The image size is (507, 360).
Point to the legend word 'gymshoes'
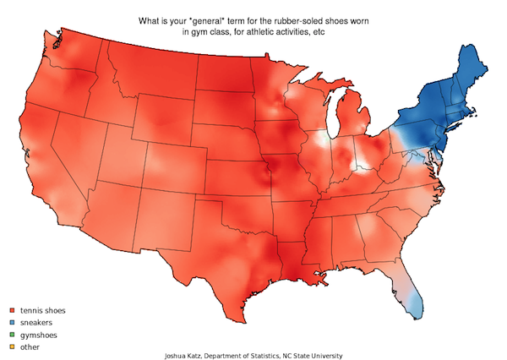(x=37, y=335)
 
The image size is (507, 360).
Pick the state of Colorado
(x=177, y=161)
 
